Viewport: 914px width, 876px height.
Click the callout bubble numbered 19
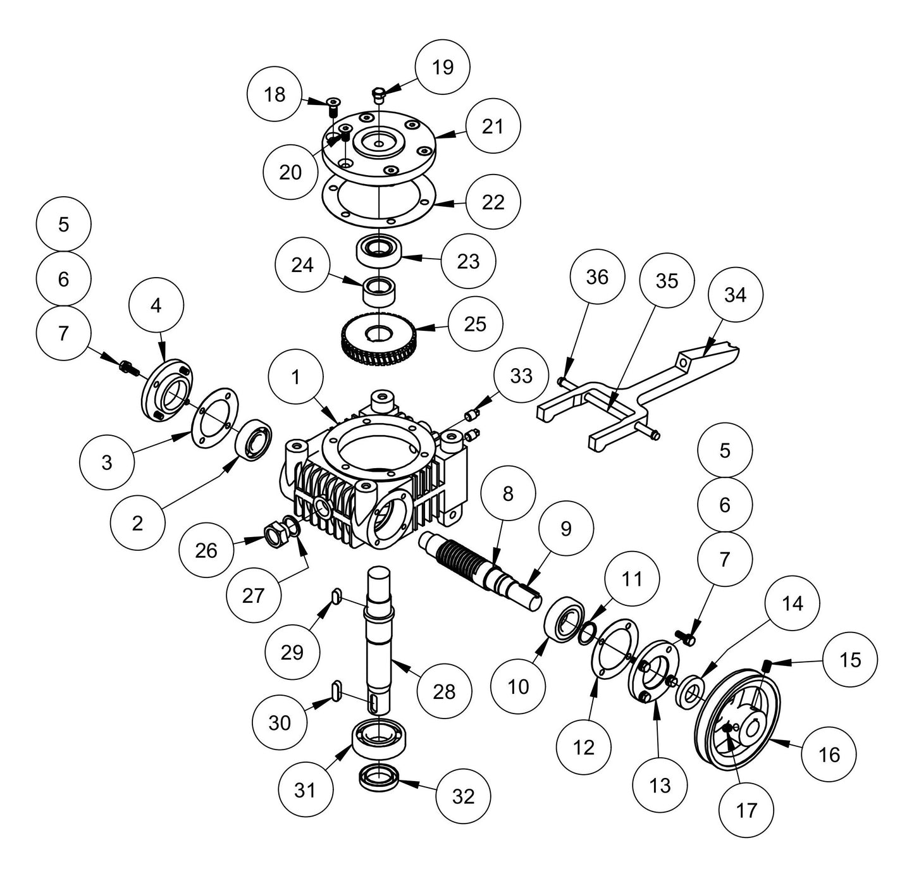[442, 67]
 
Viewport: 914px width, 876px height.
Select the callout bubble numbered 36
[597, 277]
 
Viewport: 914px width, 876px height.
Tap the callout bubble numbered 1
[295, 378]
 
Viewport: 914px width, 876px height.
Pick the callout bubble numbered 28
[444, 691]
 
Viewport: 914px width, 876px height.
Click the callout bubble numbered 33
[522, 376]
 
